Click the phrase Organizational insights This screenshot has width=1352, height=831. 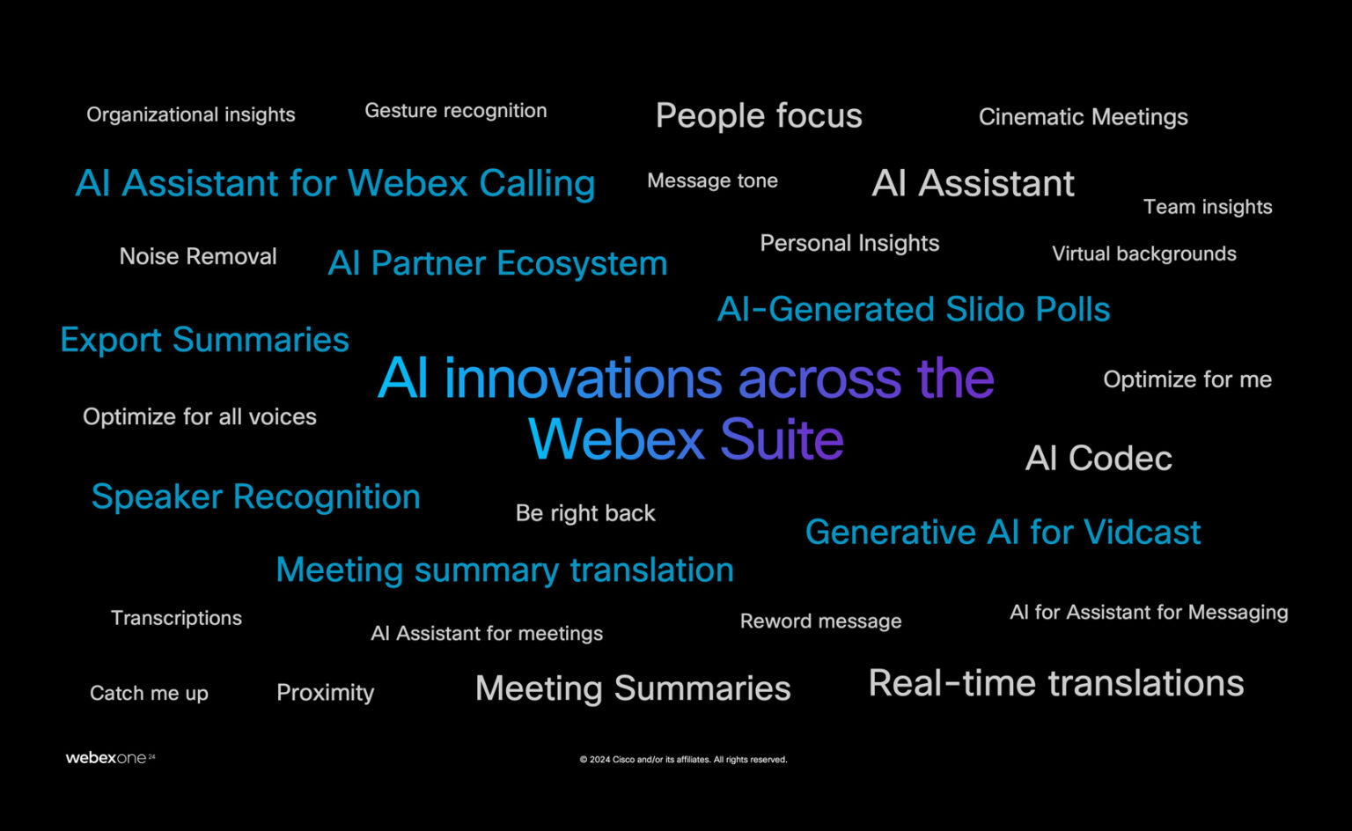click(x=190, y=114)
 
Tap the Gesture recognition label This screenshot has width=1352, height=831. click(x=455, y=111)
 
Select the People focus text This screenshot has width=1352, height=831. click(x=759, y=116)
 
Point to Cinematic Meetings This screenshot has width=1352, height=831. click(x=1083, y=117)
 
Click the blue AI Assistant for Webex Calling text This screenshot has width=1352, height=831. click(x=335, y=184)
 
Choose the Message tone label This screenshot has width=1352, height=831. click(x=712, y=180)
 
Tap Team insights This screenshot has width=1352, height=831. click(x=1207, y=207)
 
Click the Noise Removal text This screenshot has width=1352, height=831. click(x=198, y=256)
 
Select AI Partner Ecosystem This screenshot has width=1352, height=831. click(x=497, y=263)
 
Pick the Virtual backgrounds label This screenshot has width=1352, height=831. click(x=1143, y=254)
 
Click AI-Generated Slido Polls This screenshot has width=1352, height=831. click(x=914, y=310)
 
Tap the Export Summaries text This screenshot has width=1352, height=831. click(x=204, y=340)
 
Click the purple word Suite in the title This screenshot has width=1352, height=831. click(x=782, y=439)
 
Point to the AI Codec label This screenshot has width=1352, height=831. click(x=1098, y=459)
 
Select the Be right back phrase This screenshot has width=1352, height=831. click(x=585, y=513)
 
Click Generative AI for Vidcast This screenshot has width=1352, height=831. click(x=1003, y=533)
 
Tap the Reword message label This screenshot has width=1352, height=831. click(x=820, y=621)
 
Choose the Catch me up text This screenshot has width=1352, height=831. click(x=149, y=694)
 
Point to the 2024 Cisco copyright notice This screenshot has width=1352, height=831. click(x=683, y=760)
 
